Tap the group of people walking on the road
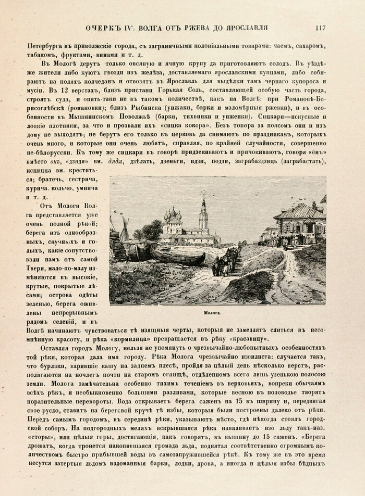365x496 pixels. (x=223, y=264)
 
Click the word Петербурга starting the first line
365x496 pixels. (x=49, y=46)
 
